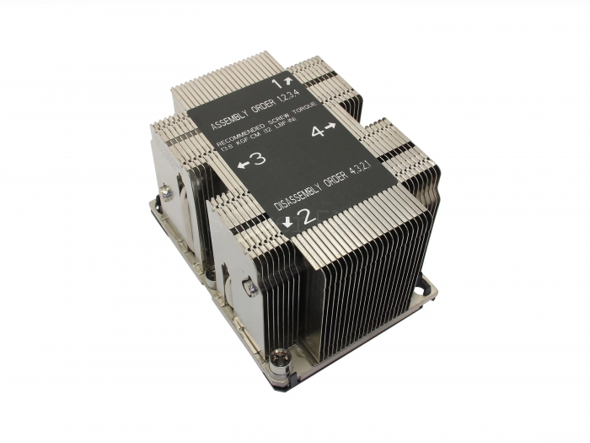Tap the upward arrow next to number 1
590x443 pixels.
pyautogui.click(x=288, y=82)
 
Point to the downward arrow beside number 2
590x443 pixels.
pyautogui.click(x=290, y=221)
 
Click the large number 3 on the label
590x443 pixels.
pyautogui.click(x=259, y=159)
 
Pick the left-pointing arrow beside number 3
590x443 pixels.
pyautogui.click(x=243, y=164)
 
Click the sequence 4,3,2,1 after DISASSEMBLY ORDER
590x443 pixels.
pyautogui.click(x=378, y=174)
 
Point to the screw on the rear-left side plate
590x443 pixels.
pyautogui.click(x=169, y=194)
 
